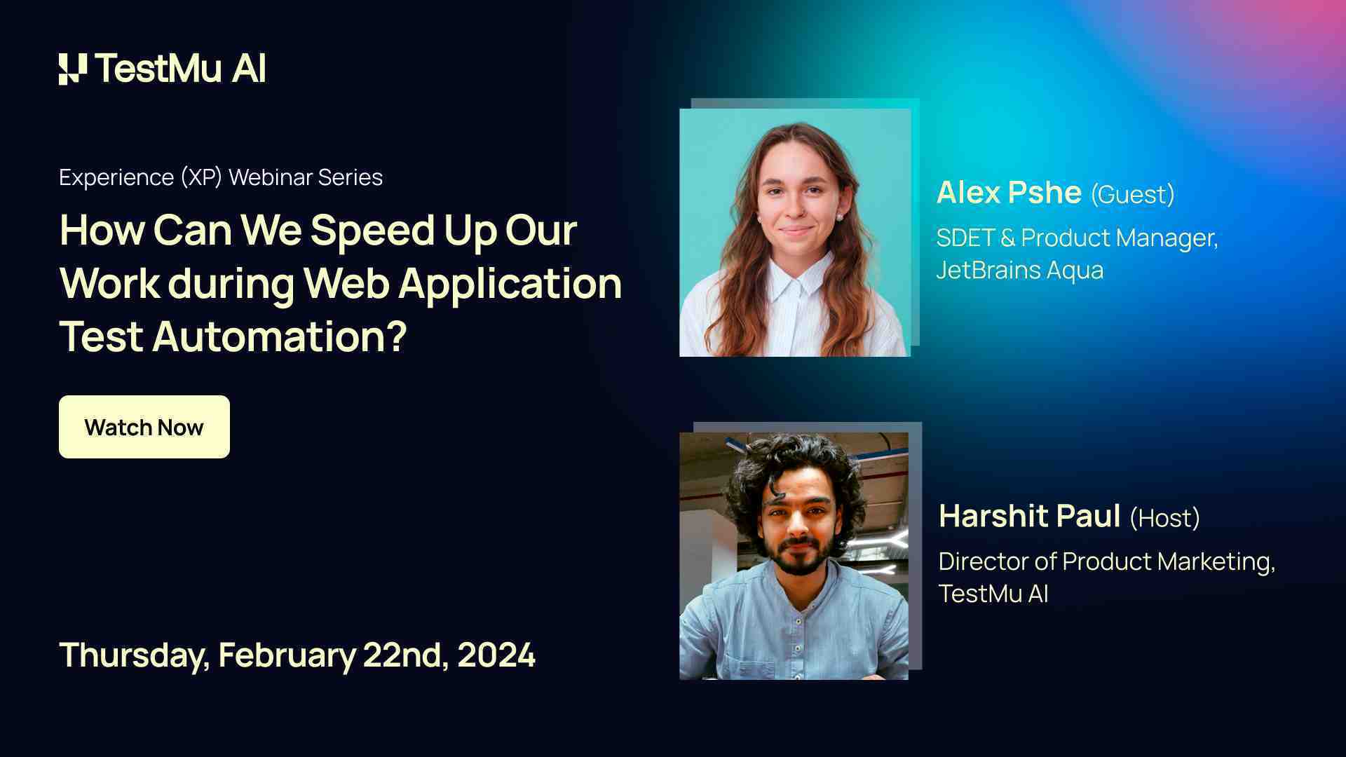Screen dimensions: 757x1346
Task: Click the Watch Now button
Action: tap(144, 427)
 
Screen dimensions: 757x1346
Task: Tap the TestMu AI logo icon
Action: tap(73, 69)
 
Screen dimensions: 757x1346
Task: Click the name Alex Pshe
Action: tap(1009, 193)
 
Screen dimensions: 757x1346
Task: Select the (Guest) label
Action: tap(1132, 194)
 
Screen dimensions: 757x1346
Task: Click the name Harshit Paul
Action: tap(1029, 517)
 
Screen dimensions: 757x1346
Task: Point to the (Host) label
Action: tap(1164, 518)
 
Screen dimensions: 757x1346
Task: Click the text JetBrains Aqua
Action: tap(1019, 270)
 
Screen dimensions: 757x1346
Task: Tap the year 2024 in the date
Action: tap(496, 655)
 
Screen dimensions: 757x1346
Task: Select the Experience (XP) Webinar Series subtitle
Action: tap(221, 177)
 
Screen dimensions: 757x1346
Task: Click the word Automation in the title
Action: tap(278, 336)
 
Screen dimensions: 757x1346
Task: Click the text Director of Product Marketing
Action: tap(1106, 561)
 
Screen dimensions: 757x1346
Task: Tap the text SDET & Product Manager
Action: tap(1076, 238)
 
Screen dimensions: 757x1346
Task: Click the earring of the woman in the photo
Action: tap(838, 217)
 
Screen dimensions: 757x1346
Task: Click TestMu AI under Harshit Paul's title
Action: tap(993, 594)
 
